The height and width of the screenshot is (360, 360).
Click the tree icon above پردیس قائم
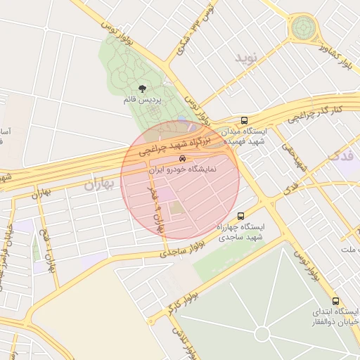143,89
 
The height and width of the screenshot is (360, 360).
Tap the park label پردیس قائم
143,101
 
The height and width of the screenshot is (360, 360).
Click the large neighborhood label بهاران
98,185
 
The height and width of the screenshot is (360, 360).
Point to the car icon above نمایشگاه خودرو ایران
183,159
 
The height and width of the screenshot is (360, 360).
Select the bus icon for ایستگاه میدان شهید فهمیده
244,120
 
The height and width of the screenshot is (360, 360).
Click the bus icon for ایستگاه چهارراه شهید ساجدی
241,216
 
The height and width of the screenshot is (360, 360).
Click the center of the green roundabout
303,28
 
